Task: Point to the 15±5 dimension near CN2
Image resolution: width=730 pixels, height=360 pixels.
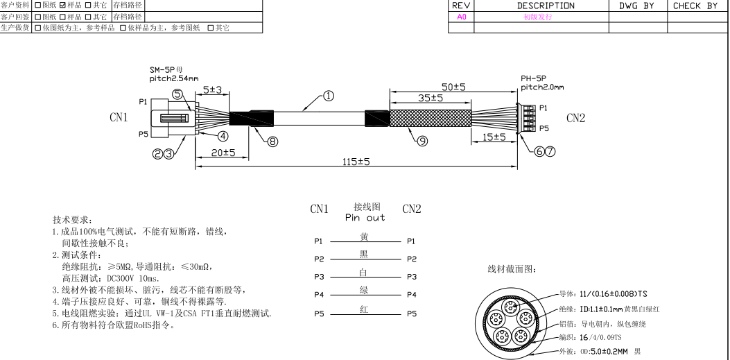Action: [494, 137]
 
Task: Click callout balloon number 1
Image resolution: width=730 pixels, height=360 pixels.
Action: [329, 96]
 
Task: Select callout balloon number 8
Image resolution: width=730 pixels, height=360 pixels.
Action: [272, 141]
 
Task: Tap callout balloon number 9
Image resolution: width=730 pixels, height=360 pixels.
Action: [422, 141]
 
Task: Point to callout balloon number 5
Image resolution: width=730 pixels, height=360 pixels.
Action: [178, 94]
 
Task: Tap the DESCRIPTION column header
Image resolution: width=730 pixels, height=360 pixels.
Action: [546, 6]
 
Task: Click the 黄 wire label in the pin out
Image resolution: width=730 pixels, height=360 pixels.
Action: [364, 237]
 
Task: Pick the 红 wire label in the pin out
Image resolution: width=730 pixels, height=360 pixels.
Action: [364, 309]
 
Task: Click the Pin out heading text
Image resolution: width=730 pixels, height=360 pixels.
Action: [365, 218]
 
